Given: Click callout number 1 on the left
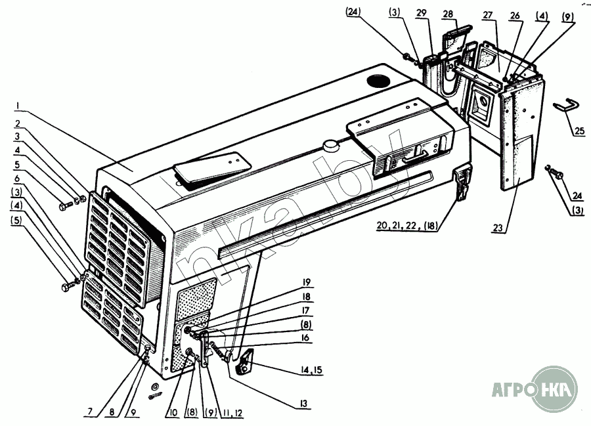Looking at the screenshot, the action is click(18, 106).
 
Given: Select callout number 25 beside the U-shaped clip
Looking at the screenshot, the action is click(579, 131).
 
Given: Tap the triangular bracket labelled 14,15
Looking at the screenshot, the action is click(246, 362).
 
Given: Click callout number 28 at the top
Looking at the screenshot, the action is click(449, 14).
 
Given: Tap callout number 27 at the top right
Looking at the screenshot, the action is click(489, 14).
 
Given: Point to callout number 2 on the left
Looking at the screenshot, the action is click(18, 124).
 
